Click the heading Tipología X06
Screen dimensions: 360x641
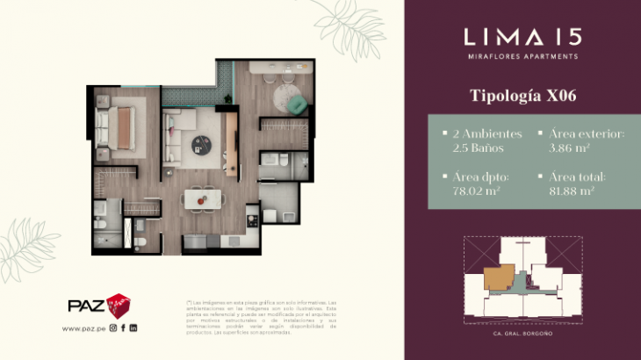522,94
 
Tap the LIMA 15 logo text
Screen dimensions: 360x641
522,36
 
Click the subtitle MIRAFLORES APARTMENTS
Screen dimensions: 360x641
522,56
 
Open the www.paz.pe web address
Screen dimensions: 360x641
83,328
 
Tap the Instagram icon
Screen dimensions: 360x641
112,328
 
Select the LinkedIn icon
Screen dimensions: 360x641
133,328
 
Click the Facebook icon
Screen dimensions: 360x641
123,328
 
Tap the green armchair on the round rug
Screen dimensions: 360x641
298,104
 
